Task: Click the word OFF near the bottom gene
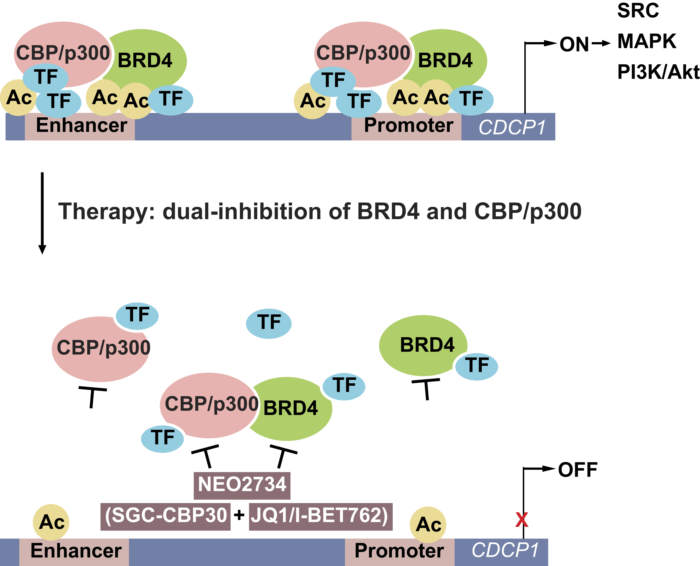click(x=577, y=470)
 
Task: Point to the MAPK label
click(x=647, y=41)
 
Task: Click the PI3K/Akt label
click(x=658, y=72)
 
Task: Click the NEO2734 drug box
click(x=242, y=484)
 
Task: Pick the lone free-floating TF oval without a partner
click(x=268, y=323)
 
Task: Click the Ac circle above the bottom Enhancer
click(x=51, y=522)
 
